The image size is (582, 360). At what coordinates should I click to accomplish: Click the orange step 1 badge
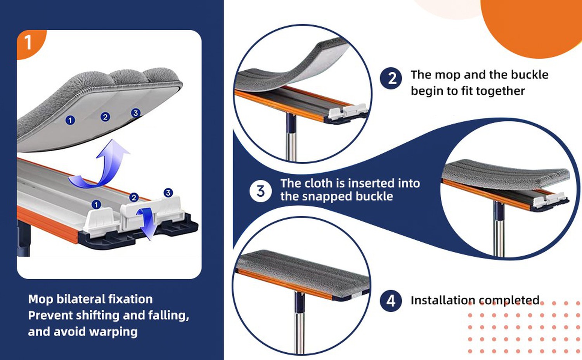pyautogui.click(x=30, y=43)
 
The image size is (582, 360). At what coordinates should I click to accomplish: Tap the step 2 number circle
pyautogui.click(x=391, y=78)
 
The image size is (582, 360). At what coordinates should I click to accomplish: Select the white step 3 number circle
pyautogui.click(x=261, y=191)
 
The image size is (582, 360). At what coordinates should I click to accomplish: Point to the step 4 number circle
pyautogui.click(x=391, y=301)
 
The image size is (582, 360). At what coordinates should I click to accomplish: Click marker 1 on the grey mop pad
pyautogui.click(x=70, y=120)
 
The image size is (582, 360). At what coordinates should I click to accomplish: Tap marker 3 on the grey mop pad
pyautogui.click(x=135, y=113)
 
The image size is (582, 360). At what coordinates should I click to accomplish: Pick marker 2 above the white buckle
pyautogui.click(x=134, y=197)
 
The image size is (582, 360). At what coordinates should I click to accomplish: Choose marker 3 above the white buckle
pyautogui.click(x=168, y=193)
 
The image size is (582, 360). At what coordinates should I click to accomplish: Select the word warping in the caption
pyautogui.click(x=113, y=332)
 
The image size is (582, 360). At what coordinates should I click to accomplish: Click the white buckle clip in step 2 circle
pyautogui.click(x=348, y=111)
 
